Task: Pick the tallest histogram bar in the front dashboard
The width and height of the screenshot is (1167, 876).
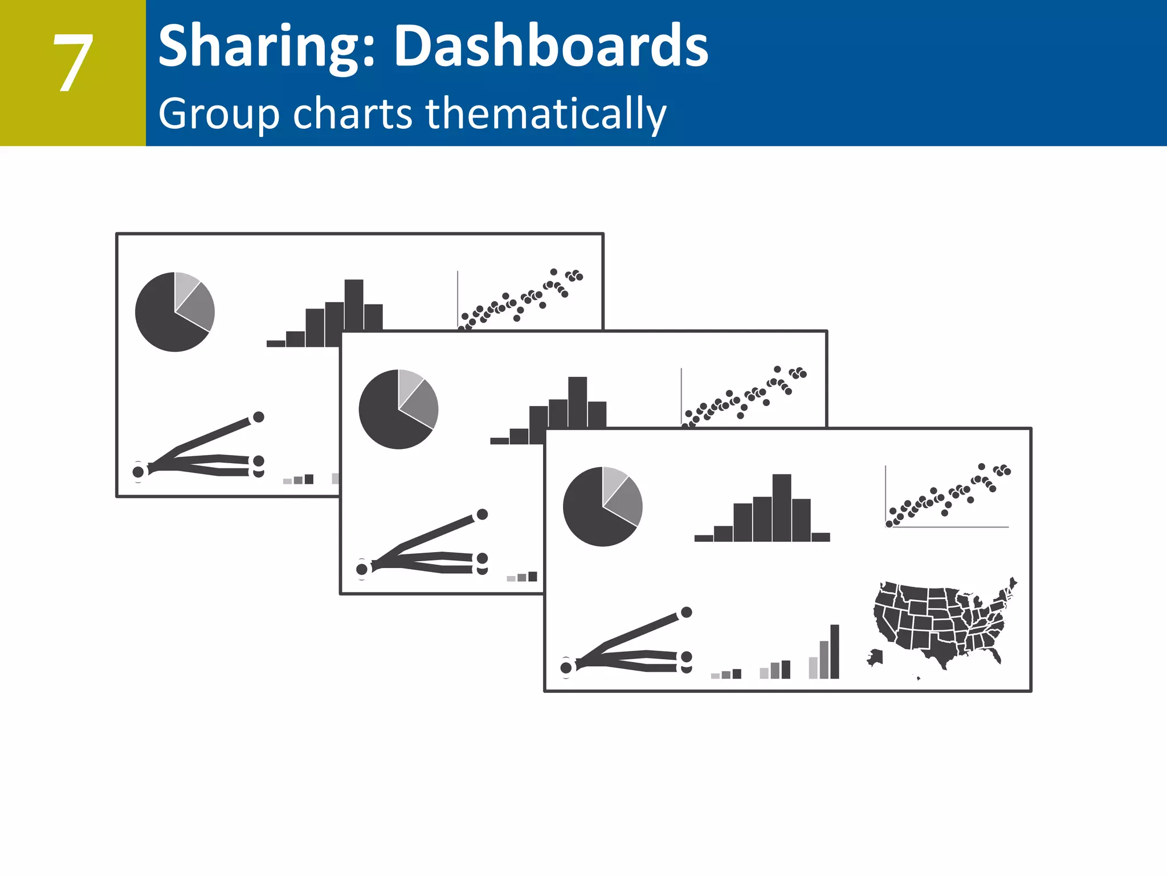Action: click(782, 507)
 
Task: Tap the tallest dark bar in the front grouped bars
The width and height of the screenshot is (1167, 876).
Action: click(835, 651)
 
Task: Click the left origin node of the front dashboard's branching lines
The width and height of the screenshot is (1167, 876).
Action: click(566, 667)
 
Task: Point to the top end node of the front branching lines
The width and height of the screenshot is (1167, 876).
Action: click(687, 612)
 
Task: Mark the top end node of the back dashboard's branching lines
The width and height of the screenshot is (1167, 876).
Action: click(258, 417)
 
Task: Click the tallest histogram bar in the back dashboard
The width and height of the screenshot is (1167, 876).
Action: click(354, 305)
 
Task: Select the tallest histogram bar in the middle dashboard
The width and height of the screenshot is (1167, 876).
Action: click(577, 401)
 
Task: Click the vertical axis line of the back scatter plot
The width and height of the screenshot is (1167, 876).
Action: click(458, 299)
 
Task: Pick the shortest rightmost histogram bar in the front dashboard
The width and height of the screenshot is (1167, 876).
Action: click(821, 537)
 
